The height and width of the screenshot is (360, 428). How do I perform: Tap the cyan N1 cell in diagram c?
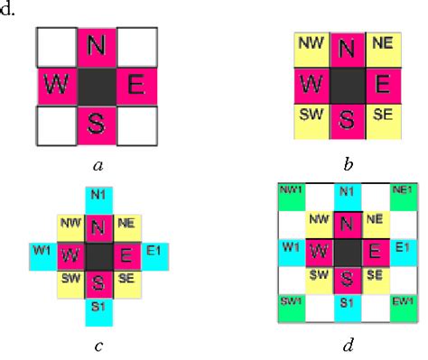(x=98, y=194)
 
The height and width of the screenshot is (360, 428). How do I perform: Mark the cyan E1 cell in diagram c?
(x=154, y=250)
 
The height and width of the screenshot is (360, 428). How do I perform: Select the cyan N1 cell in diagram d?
(x=345, y=191)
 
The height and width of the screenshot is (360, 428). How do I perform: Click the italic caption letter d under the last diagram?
(x=347, y=342)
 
